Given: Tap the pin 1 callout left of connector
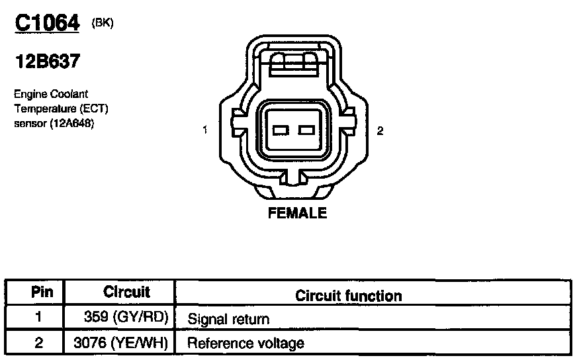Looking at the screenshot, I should (x=206, y=130).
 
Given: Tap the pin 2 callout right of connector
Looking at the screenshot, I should (x=380, y=130).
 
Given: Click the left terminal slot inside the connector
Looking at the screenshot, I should (x=280, y=130).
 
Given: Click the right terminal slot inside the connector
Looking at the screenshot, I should (x=306, y=130).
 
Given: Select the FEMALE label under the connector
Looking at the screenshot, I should (x=297, y=213).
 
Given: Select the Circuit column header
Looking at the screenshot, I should (x=127, y=292).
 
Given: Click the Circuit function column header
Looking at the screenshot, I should (x=349, y=295).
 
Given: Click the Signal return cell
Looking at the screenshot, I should (x=229, y=319).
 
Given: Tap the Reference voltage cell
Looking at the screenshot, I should (x=246, y=343).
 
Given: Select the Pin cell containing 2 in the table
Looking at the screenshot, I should (x=37, y=343).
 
